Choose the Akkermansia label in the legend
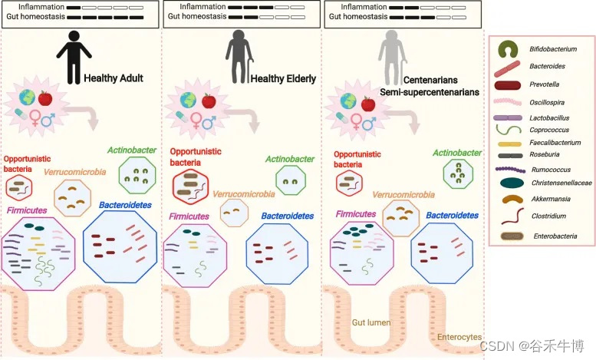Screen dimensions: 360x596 [552, 199]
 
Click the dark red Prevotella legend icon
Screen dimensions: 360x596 [509, 84]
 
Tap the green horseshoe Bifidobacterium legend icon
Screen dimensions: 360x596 [507, 49]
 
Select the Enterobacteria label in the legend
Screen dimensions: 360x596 [556, 236]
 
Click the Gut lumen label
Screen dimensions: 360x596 [371, 322]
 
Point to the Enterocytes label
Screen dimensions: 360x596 [459, 337]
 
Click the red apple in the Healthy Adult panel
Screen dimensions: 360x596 [45, 98]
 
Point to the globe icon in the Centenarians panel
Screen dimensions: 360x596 [347, 101]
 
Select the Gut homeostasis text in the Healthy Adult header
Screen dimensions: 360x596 [35, 17]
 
